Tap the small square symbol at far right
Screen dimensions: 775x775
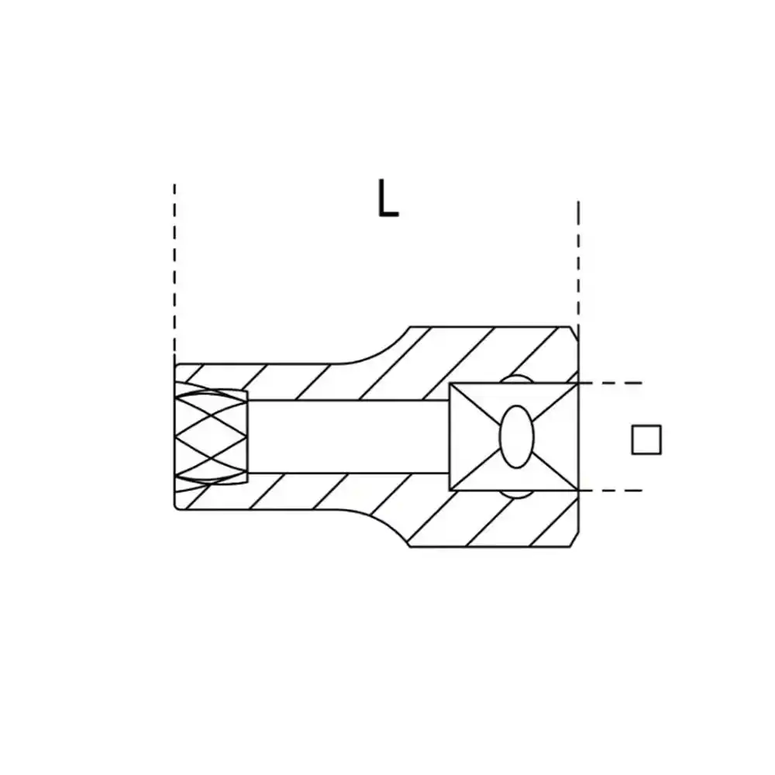pyautogui.click(x=646, y=439)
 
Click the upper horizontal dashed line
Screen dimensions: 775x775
pyautogui.click(x=610, y=383)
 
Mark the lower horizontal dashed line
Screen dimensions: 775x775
pyautogui.click(x=610, y=491)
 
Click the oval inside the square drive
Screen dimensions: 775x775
pyautogui.click(x=516, y=437)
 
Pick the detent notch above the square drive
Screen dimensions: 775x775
pyautogui.click(x=516, y=379)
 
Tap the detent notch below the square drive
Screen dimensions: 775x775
pyautogui.click(x=516, y=494)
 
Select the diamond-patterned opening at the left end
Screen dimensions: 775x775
pyautogui.click(x=211, y=436)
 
